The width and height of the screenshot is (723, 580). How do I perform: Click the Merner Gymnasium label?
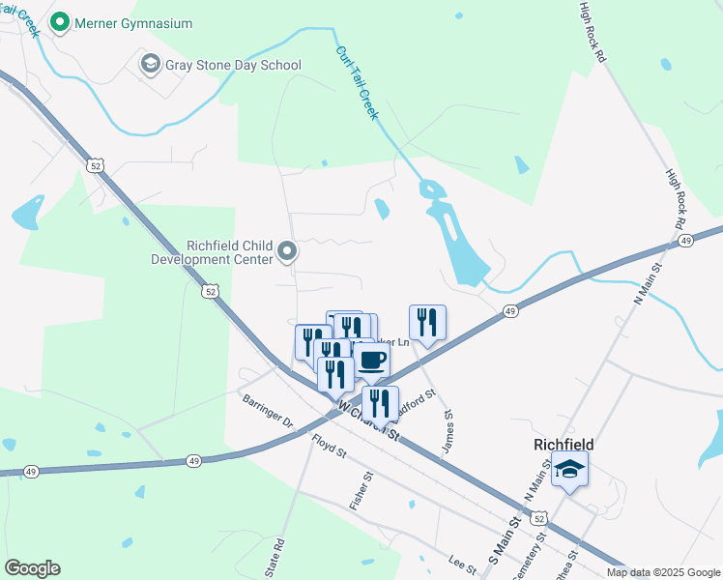pos(135,22)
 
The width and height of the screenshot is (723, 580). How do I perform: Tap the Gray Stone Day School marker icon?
pos(150,65)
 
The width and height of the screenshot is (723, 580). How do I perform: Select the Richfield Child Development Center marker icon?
pos(287,252)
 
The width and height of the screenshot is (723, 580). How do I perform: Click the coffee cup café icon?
pos(371,360)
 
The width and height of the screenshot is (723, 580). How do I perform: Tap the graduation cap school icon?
pos(570,470)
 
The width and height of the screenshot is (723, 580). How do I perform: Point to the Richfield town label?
pos(564,445)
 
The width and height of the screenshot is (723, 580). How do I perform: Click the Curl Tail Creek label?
pos(357,83)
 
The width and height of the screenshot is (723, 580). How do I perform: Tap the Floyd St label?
pos(329,445)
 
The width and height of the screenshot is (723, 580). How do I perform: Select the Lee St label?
pos(463,564)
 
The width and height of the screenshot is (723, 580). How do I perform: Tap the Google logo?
pos(32,568)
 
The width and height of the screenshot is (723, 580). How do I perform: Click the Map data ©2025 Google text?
pos(662,572)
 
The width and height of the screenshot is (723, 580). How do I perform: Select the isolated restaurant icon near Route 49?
pos(427,322)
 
